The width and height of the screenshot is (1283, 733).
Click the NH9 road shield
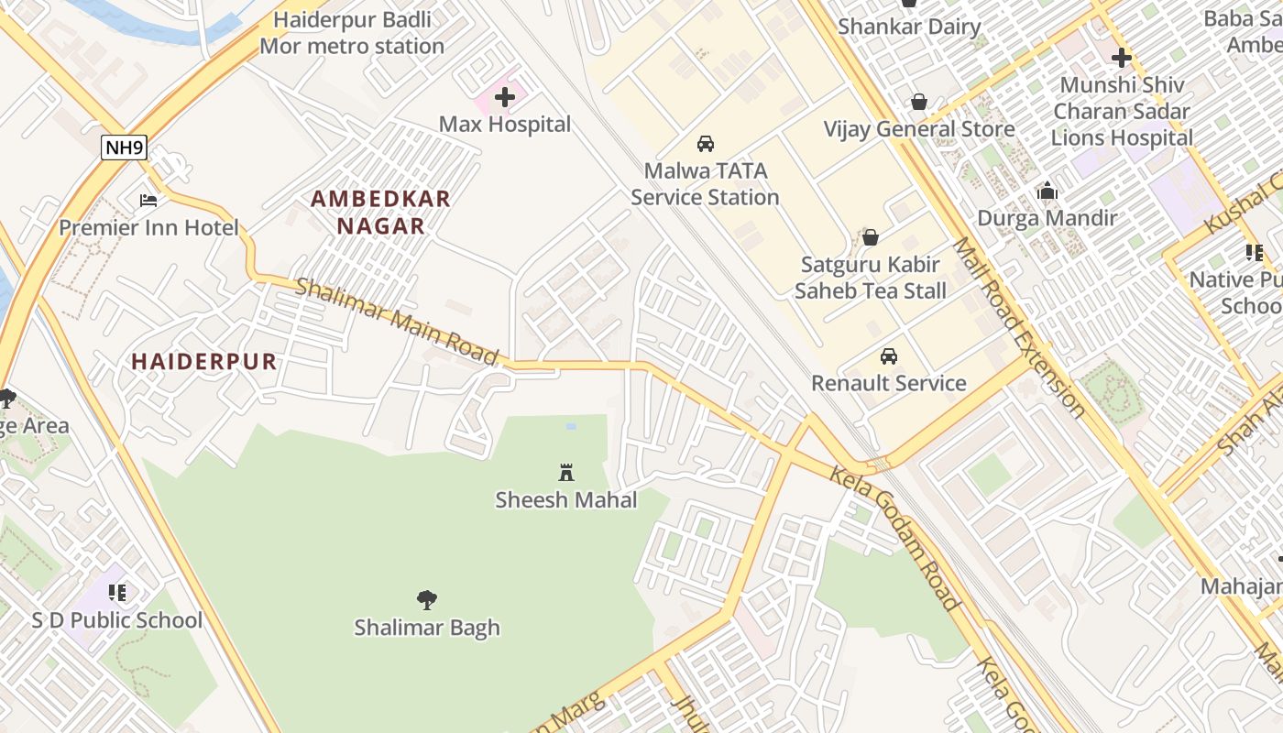pyautogui.click(x=124, y=148)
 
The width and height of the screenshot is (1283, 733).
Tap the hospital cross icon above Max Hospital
pyautogui.click(x=505, y=96)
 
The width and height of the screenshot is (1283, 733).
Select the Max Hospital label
pyautogui.click(x=505, y=124)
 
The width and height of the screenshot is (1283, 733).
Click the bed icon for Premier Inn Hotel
pyautogui.click(x=148, y=200)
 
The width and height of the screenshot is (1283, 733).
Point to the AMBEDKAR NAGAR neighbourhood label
pyautogui.click(x=380, y=212)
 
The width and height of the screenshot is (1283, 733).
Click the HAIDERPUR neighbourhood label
pyautogui.click(x=204, y=361)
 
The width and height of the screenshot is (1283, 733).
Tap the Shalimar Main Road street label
pyautogui.click(x=397, y=320)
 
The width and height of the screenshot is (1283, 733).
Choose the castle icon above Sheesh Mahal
pyautogui.click(x=566, y=473)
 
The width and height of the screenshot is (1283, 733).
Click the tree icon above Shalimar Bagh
pyautogui.click(x=427, y=600)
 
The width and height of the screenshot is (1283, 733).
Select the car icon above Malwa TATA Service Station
pyautogui.click(x=706, y=144)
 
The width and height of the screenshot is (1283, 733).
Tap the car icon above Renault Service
pyautogui.click(x=889, y=356)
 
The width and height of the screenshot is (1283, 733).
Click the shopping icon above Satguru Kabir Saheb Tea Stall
pyautogui.click(x=871, y=237)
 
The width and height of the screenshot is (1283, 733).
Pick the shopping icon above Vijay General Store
pyautogui.click(x=918, y=102)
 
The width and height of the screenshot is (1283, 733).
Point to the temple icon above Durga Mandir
pyautogui.click(x=1047, y=191)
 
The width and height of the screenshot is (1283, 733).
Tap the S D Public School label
pyautogui.click(x=117, y=620)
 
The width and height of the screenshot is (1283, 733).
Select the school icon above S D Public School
pyautogui.click(x=117, y=593)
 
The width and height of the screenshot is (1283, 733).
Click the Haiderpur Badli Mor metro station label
pyautogui.click(x=352, y=33)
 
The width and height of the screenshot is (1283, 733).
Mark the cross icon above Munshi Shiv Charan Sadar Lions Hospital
pyautogui.click(x=1122, y=58)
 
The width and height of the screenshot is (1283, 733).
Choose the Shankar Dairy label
pyautogui.click(x=909, y=27)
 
